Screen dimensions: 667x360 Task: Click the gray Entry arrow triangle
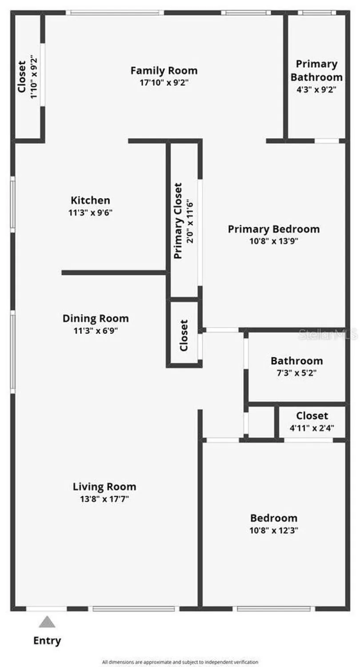pos(47,622)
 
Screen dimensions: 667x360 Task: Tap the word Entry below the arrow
pos(47,641)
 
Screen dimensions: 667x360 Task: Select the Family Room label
pos(164,70)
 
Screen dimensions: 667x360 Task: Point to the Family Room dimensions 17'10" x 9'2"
pos(164,82)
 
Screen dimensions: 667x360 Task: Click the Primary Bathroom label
pos(316,70)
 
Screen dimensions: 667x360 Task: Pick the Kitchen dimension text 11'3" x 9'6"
pos(90,213)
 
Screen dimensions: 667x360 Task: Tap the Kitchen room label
pos(90,200)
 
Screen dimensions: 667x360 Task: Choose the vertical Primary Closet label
pos(178,221)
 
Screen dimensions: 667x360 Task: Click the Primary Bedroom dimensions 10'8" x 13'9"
pos(273,241)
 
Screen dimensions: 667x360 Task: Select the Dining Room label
pos(96,318)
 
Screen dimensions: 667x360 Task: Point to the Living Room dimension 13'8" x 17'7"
pos(104,498)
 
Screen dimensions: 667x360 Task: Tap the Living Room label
pos(104,486)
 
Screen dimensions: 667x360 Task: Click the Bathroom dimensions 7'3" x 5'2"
pos(296,373)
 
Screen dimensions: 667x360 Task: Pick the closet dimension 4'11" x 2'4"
pos(312,428)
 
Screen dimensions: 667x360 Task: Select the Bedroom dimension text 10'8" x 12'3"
pos(273,530)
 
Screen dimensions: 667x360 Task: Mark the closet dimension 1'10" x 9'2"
pos(34,76)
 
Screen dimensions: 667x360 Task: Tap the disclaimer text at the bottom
pos(180,662)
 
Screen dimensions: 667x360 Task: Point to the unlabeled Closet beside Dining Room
pos(184,335)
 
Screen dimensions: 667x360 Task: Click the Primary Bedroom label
pos(273,229)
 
